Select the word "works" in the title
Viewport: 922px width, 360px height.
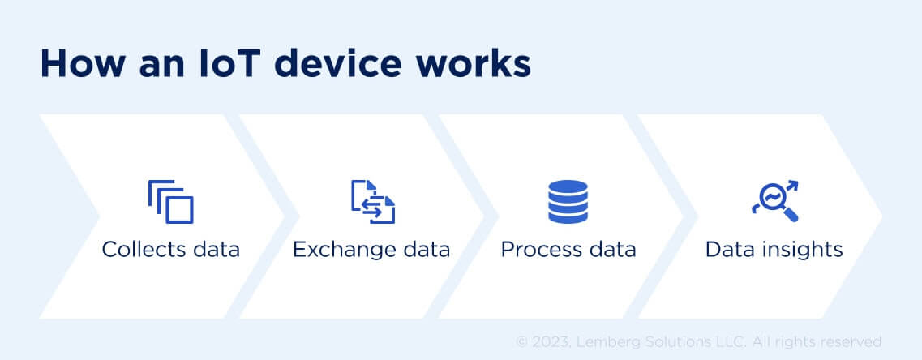[x=482, y=64]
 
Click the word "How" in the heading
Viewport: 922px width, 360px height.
[x=75, y=64]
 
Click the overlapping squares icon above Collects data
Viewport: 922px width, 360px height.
[x=171, y=202]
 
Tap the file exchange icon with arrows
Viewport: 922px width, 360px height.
[x=373, y=202]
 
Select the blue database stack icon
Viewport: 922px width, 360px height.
[x=568, y=202]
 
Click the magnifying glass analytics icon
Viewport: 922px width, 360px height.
[x=775, y=201]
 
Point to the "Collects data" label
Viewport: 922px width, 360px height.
[x=171, y=249]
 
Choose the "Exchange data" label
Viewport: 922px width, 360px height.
[x=371, y=249]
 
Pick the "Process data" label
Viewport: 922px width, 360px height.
[x=568, y=249]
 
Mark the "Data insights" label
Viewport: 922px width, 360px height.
[x=774, y=249]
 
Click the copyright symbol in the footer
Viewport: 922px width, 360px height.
[x=521, y=342]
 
